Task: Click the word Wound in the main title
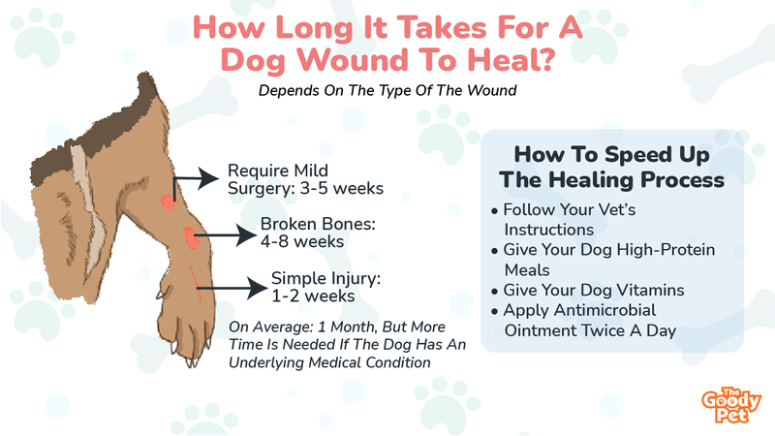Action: pos(354,60)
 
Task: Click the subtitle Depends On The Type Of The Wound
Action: pos(387,90)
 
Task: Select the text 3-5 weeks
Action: pos(342,188)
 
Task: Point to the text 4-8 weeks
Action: pos(302,241)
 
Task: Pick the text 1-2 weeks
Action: pos(313,296)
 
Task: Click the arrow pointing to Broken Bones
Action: pos(226,235)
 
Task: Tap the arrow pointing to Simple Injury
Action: pos(232,288)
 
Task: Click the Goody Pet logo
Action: pos(731,405)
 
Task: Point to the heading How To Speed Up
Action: pos(611,154)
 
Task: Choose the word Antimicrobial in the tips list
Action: pos(604,310)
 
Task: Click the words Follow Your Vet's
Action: pos(570,209)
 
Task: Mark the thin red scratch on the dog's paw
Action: pos(196,283)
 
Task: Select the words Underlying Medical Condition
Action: pos(329,362)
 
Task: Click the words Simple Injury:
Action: pos(325,279)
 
